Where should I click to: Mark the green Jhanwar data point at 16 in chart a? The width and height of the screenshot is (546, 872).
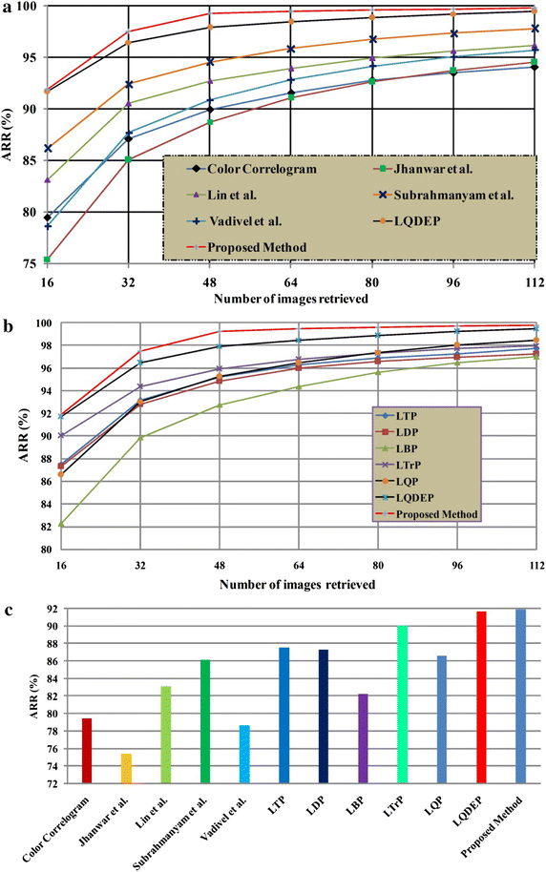[x=47, y=260]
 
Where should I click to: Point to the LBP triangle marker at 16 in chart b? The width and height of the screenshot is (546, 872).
[x=47, y=524]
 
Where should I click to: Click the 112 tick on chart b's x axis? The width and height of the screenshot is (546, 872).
[x=535, y=566]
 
